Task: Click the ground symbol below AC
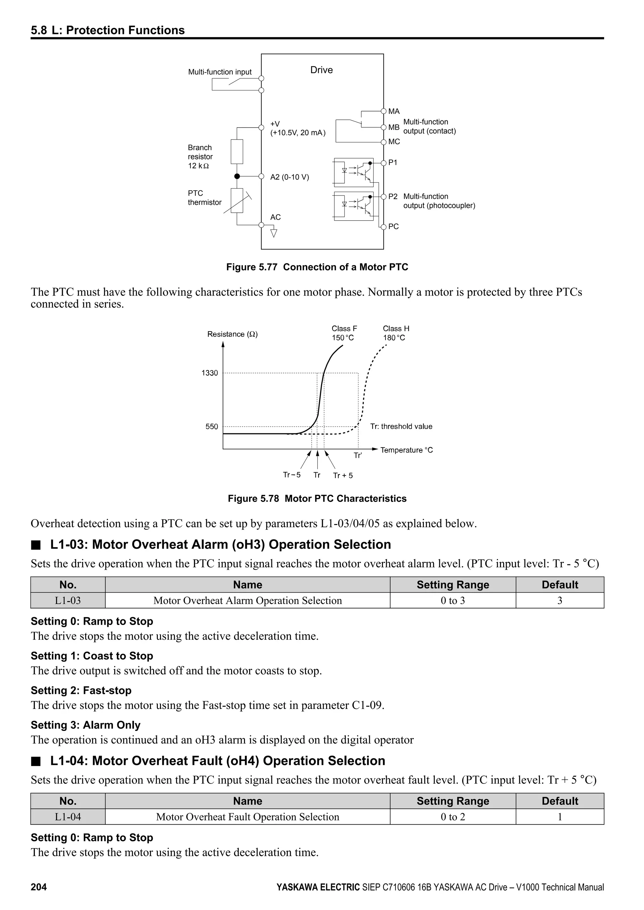(273, 233)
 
